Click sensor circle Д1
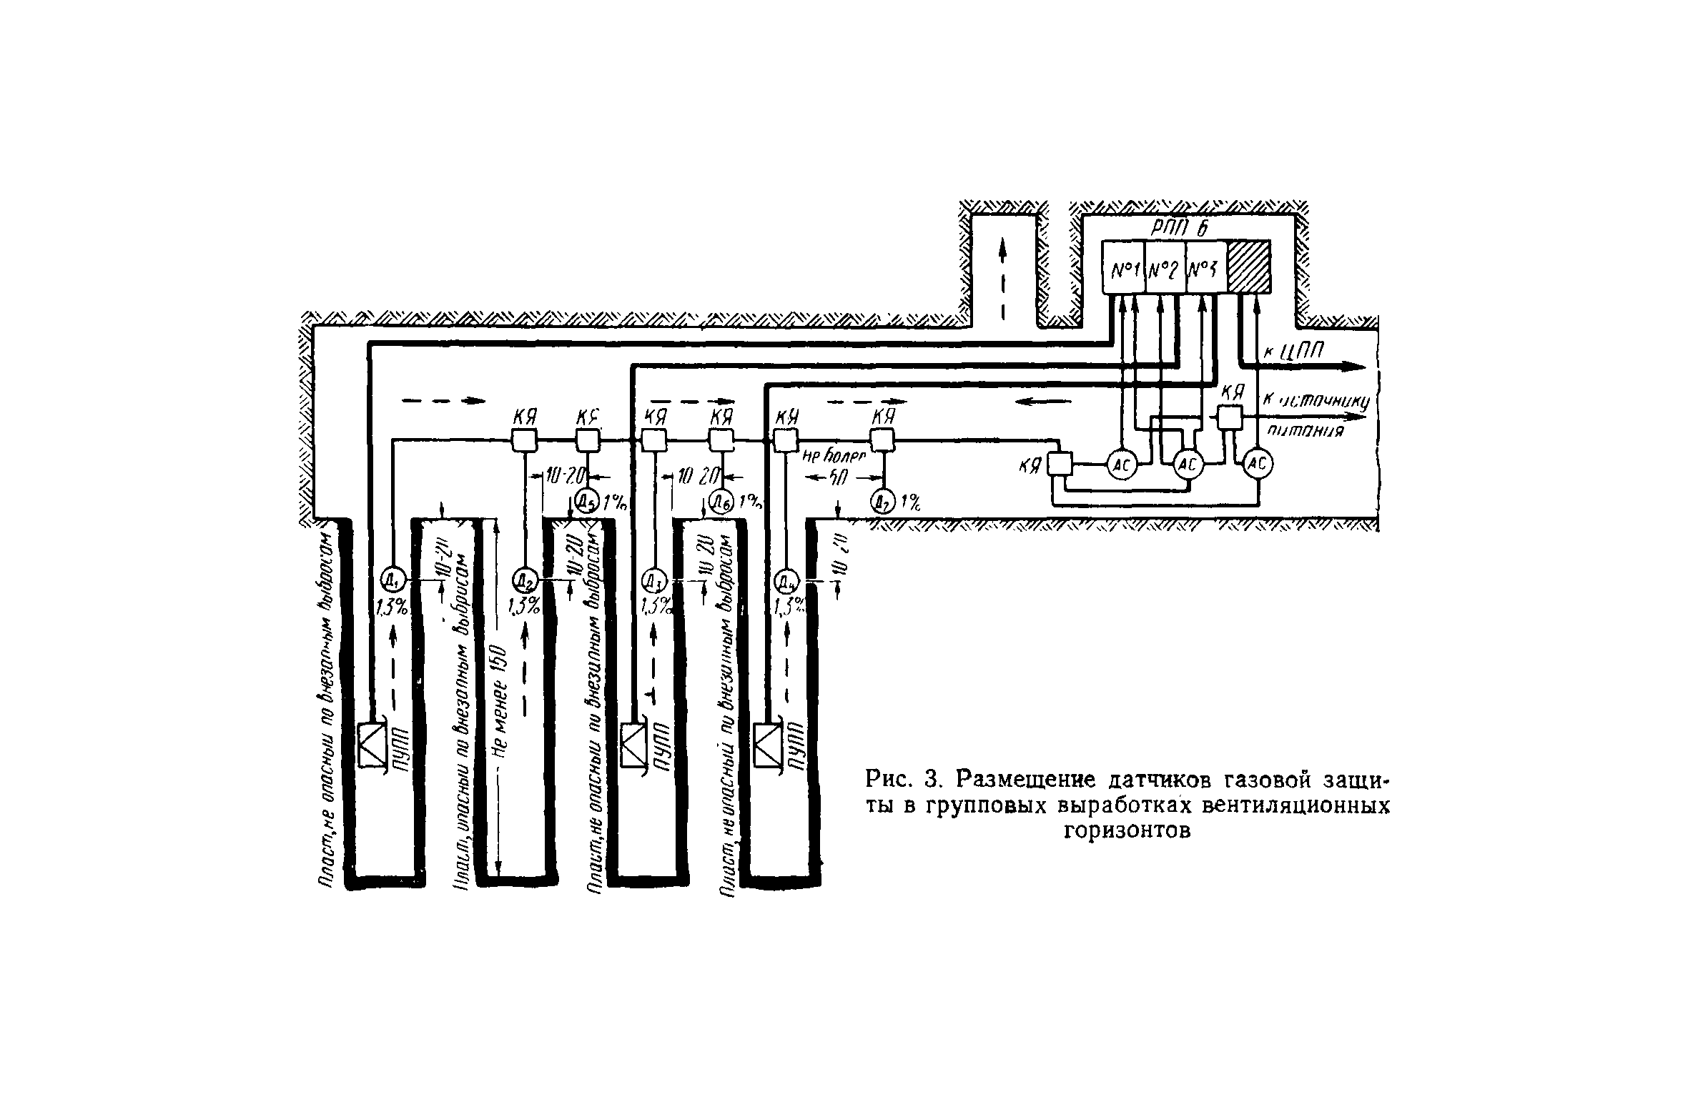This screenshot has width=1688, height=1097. pos(392,577)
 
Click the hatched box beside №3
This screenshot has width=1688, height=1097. pos(1249,267)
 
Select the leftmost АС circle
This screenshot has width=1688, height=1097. pos(1122,466)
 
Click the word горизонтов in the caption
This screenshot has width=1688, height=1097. pos(1127,831)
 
